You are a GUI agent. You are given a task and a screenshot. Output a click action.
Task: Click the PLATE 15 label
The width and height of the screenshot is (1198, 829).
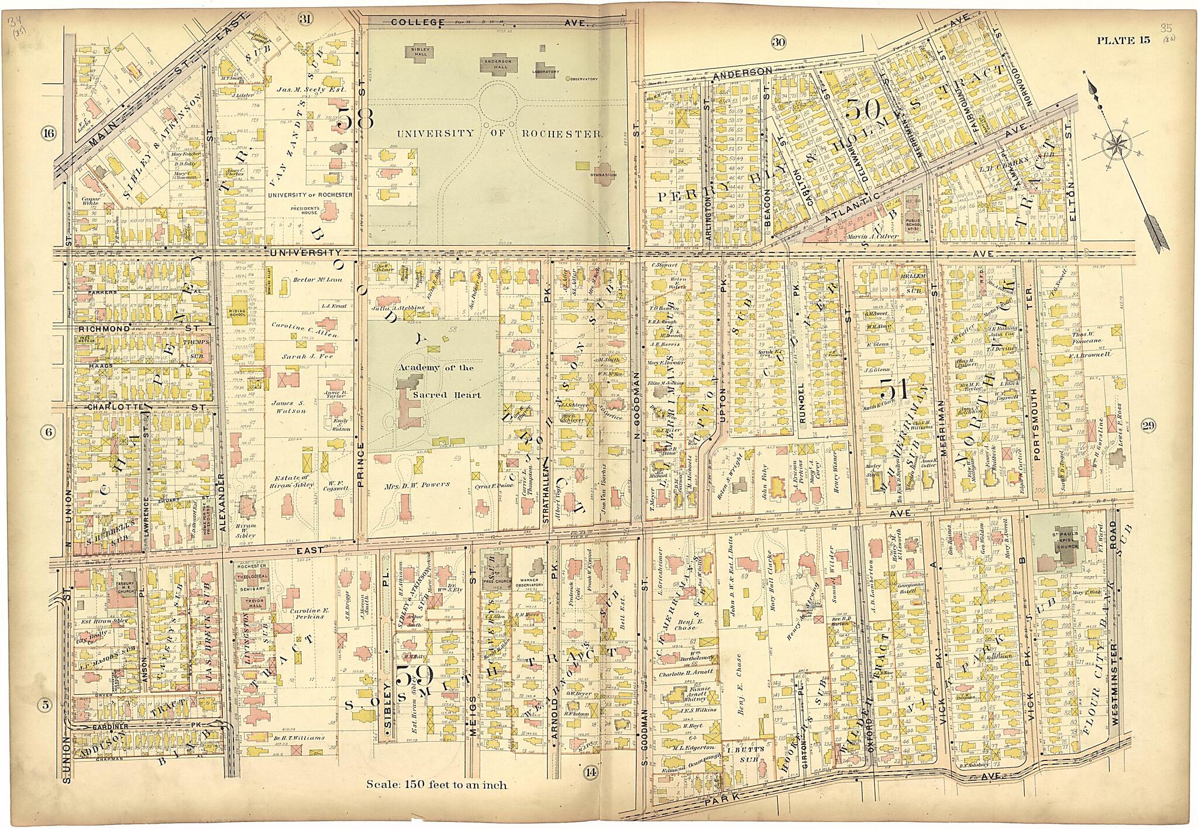pyautogui.click(x=1123, y=40)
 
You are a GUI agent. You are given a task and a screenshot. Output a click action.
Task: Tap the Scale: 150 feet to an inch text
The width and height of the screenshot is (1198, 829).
pyautogui.click(x=436, y=784)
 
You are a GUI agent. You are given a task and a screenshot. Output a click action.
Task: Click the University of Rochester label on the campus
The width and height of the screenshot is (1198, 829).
pyautogui.click(x=498, y=133)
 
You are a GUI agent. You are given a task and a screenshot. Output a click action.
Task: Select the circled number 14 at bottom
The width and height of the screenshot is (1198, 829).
pyautogui.click(x=590, y=773)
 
